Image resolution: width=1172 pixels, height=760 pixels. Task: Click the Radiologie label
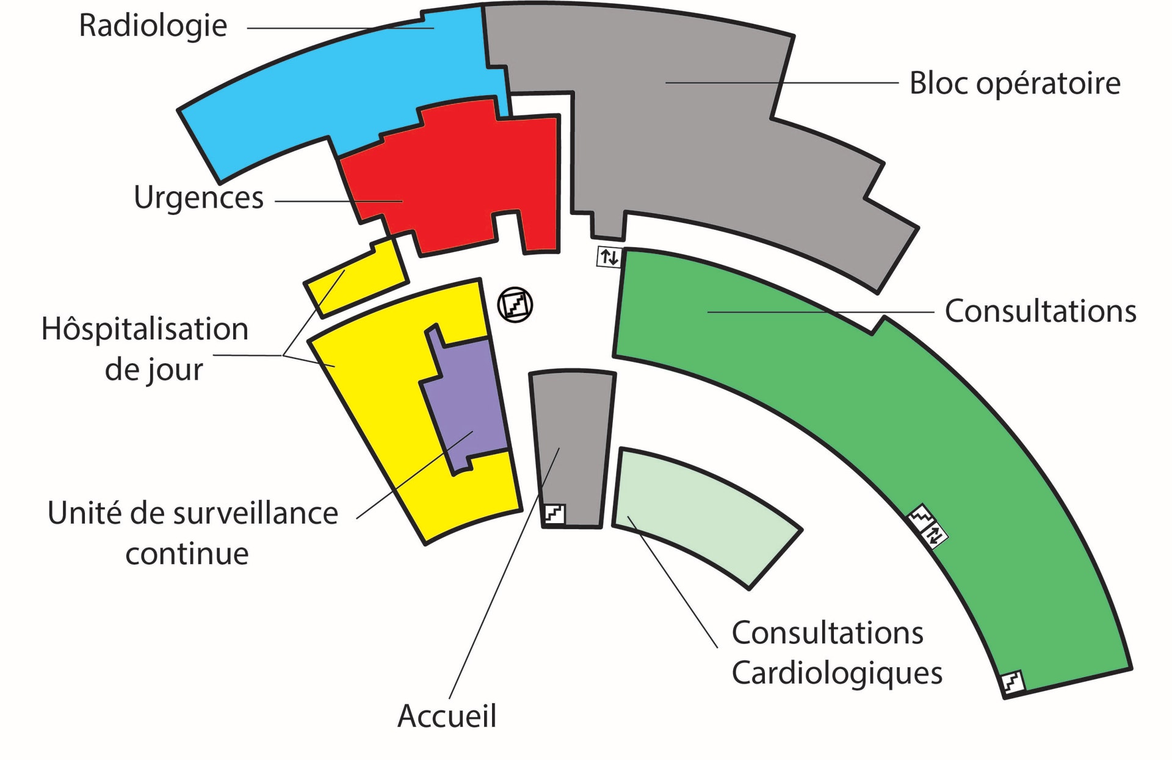(x=153, y=26)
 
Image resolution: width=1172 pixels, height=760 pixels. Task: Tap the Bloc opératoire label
(x=1015, y=84)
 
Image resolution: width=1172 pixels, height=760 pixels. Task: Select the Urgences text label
(x=198, y=198)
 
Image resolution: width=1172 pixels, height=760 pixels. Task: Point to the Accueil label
(x=447, y=716)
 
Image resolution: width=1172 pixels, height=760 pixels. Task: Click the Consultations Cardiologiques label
(x=836, y=653)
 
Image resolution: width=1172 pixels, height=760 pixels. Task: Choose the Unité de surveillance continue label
(x=192, y=533)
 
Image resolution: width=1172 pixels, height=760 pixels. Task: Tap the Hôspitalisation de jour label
(x=145, y=349)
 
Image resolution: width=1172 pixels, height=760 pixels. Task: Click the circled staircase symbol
(x=515, y=305)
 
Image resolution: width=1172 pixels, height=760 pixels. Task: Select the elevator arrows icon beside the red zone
(x=609, y=257)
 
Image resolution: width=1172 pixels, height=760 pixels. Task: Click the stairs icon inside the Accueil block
(x=554, y=514)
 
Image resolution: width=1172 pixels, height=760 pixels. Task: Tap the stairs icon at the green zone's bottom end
(x=1011, y=682)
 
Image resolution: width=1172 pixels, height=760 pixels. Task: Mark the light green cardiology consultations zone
(x=702, y=513)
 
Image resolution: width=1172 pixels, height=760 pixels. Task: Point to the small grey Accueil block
(x=573, y=440)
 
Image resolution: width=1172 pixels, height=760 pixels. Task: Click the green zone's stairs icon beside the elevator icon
(x=921, y=518)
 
